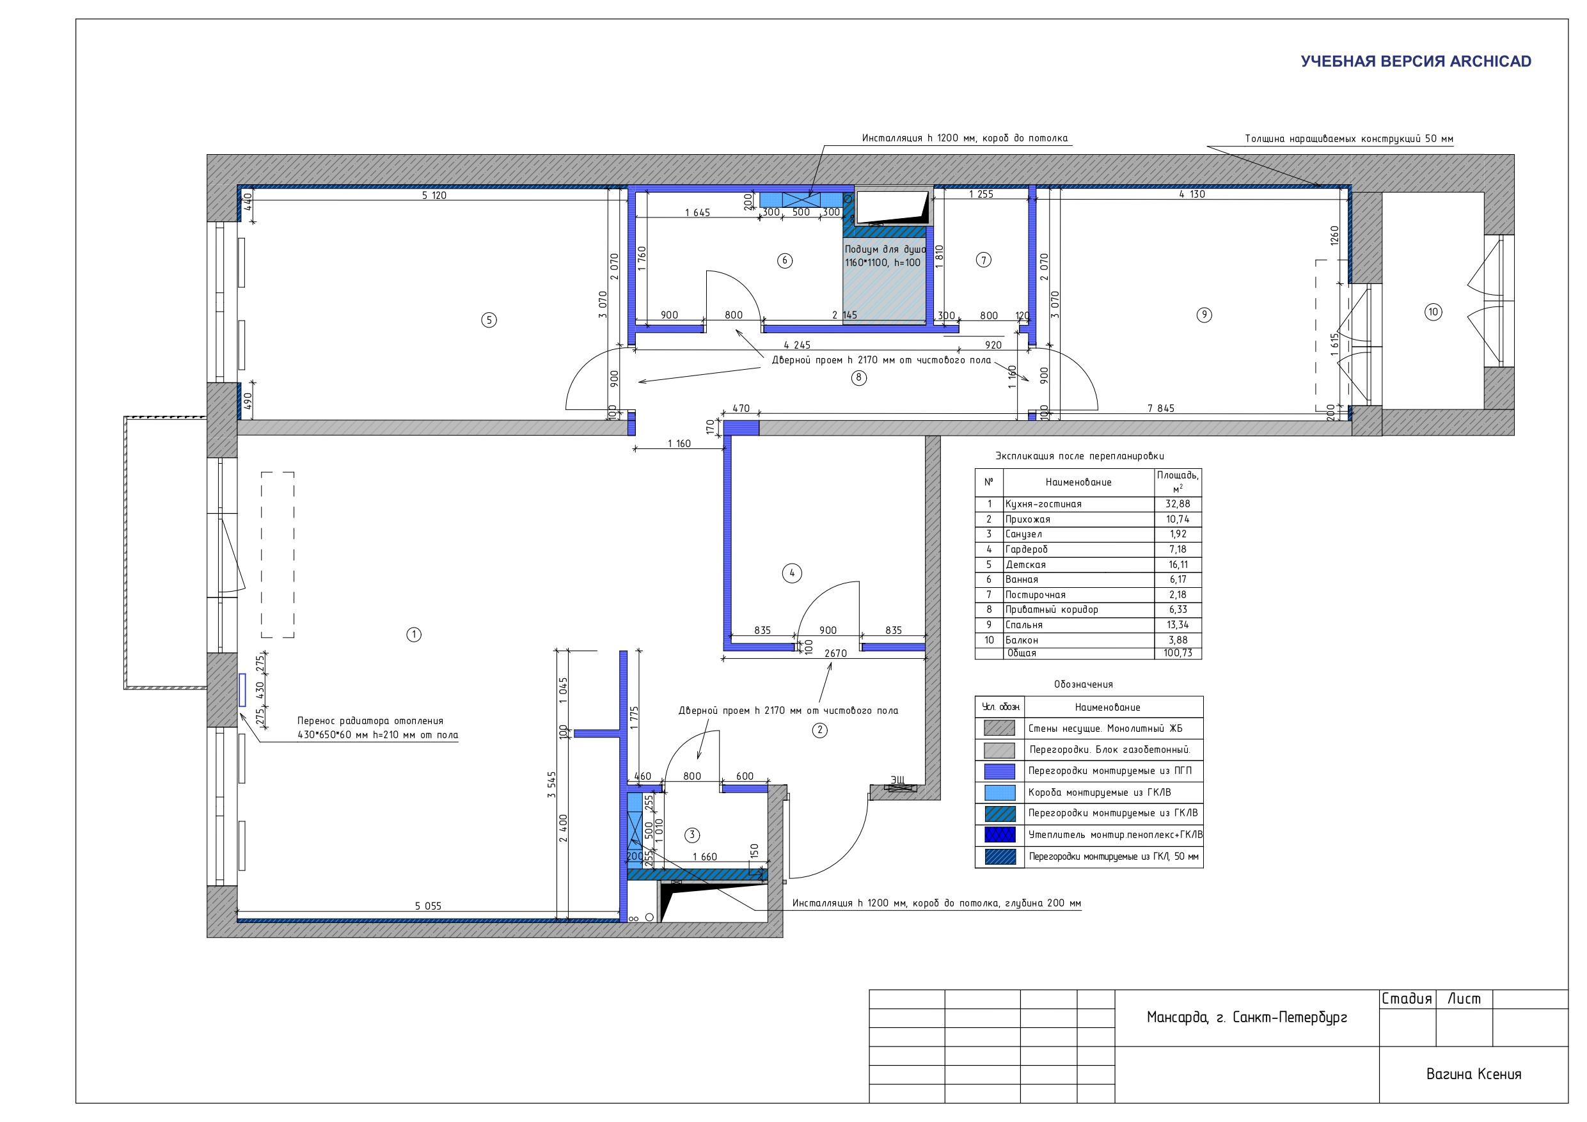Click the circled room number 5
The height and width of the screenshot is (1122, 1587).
tap(489, 320)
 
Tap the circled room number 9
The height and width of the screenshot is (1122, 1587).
tap(1204, 315)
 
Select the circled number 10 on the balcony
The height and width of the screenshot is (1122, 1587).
tap(1433, 312)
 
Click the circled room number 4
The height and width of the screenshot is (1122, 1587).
tap(792, 573)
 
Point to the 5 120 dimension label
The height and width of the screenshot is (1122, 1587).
tap(434, 196)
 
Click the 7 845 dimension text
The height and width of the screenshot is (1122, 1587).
tap(1160, 409)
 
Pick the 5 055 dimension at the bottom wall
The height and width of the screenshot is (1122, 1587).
tap(428, 906)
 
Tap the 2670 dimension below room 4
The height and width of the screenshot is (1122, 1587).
tap(835, 653)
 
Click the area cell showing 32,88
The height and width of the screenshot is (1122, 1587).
tap(1178, 504)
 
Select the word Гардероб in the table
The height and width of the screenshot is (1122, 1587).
tap(1027, 549)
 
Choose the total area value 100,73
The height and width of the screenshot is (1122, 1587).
tap(1178, 652)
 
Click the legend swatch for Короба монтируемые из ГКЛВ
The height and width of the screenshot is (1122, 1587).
tap(1000, 792)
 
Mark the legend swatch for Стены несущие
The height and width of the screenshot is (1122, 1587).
tap(1000, 728)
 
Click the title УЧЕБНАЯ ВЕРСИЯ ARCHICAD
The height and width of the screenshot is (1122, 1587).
tap(1416, 61)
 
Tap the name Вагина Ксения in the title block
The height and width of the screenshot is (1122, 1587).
tap(1474, 1074)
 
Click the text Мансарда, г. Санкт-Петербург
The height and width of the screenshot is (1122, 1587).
tap(1247, 1018)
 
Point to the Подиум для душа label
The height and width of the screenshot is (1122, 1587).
tap(885, 249)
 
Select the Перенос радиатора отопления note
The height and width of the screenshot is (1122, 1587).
tap(370, 721)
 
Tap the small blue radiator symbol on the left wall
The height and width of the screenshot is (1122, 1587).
tap(242, 690)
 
